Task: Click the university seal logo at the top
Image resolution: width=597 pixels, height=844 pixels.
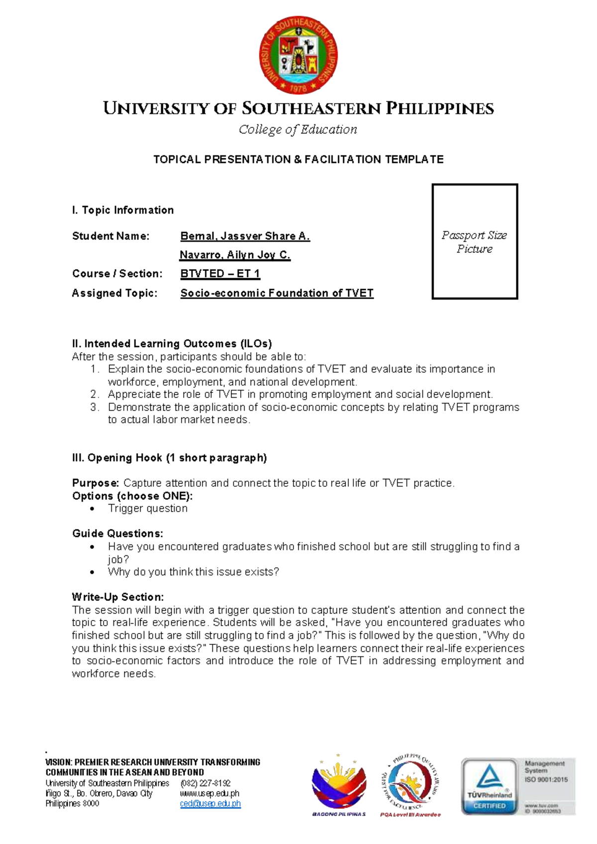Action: point(298,55)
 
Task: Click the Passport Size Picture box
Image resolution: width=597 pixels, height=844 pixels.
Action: point(475,241)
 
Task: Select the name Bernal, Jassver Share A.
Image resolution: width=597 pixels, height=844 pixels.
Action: point(245,236)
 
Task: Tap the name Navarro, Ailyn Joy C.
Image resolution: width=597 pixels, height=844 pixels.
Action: point(235,255)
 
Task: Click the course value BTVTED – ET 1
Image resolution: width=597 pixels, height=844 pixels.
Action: point(220,274)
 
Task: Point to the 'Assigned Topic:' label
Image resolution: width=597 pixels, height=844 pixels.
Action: point(114,293)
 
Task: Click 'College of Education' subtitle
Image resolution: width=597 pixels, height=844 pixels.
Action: point(298,130)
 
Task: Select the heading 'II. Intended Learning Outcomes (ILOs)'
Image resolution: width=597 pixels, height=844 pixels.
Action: point(172,344)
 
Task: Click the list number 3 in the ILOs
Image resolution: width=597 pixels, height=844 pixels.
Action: point(95,407)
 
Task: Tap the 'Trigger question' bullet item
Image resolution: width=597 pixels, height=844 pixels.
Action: point(148,509)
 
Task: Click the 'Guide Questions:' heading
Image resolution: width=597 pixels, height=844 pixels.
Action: point(117,533)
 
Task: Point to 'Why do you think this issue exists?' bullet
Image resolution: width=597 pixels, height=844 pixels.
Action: point(193,572)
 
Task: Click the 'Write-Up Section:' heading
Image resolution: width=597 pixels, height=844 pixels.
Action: point(117,597)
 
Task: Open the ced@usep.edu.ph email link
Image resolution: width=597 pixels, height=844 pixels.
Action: point(210,804)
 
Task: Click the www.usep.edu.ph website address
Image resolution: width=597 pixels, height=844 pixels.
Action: point(209,794)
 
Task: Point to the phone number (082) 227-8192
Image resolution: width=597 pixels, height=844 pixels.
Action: point(205,783)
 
